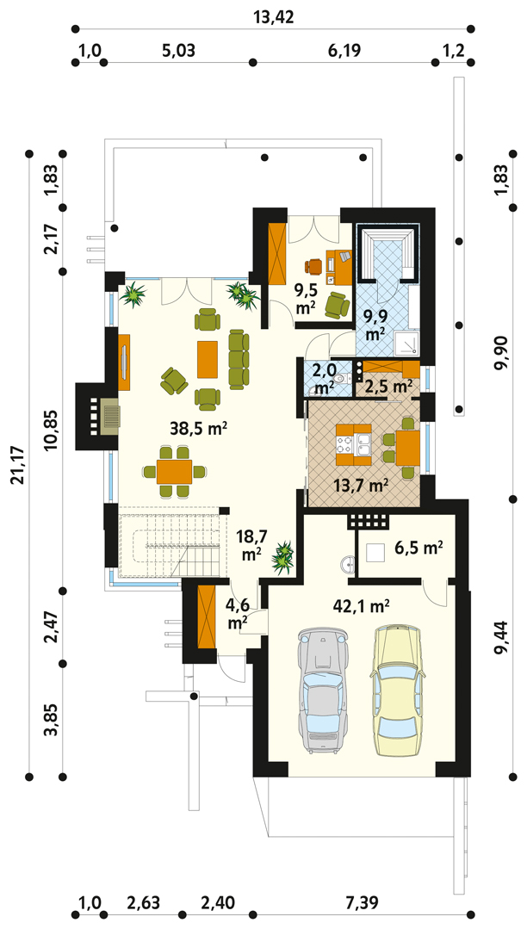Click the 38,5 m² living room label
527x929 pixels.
pos(199,430)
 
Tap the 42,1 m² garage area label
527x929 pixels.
pos(361,606)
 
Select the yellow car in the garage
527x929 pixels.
pos(396,691)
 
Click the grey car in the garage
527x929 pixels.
pos(322,691)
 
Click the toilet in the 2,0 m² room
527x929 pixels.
pos(338,377)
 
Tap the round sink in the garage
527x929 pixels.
pos(348,565)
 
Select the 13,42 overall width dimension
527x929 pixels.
pos(273,16)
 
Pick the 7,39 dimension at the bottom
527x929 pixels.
pos(361,903)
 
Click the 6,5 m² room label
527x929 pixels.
pos(419,548)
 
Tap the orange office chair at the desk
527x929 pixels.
pos(315,265)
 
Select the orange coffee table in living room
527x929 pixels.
pos(208,358)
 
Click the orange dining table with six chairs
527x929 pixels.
pos(174,472)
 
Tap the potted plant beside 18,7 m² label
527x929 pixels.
pos(283,558)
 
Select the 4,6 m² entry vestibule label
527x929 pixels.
pos(239,614)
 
